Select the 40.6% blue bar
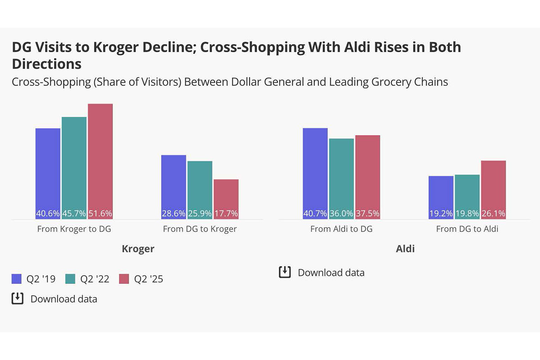(x=48, y=174)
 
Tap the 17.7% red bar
(x=226, y=199)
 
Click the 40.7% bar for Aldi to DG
(x=315, y=174)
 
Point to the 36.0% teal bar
(x=341, y=179)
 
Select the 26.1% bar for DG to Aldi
(x=493, y=189)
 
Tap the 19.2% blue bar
(x=441, y=197)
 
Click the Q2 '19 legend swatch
(x=17, y=279)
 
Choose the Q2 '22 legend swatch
(x=71, y=279)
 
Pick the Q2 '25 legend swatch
(x=125, y=279)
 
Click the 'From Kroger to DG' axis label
(x=74, y=229)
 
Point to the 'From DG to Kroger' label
(x=200, y=229)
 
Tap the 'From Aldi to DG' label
(x=341, y=229)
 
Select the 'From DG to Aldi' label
(x=467, y=229)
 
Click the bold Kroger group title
(x=138, y=249)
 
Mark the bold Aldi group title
(x=405, y=249)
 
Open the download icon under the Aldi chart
(x=285, y=272)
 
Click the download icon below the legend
(x=17, y=299)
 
